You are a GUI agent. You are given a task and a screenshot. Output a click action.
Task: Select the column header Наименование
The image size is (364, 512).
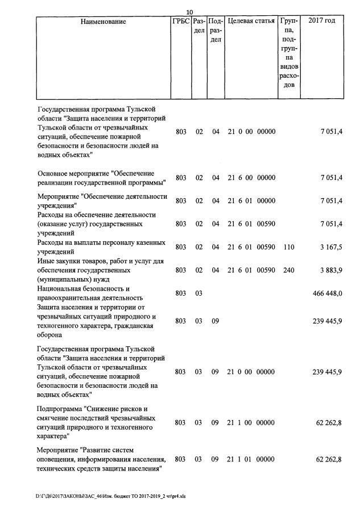pos(103,22)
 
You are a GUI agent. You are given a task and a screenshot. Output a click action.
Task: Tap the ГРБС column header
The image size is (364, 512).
pos(180,22)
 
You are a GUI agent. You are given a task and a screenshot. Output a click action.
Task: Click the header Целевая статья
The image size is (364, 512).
pos(251,22)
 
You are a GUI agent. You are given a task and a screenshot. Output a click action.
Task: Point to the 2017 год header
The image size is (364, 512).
pos(321,21)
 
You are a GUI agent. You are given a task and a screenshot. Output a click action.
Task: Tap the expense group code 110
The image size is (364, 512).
pos(288,247)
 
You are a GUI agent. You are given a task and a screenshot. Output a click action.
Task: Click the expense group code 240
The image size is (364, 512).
pos(288,270)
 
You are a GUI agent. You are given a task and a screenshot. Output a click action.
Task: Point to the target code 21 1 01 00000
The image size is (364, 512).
pos(251,459)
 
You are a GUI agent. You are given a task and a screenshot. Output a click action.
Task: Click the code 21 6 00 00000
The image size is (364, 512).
pos(251,178)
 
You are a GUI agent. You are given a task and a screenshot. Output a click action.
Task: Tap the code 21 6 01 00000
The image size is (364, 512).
pos(251,201)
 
